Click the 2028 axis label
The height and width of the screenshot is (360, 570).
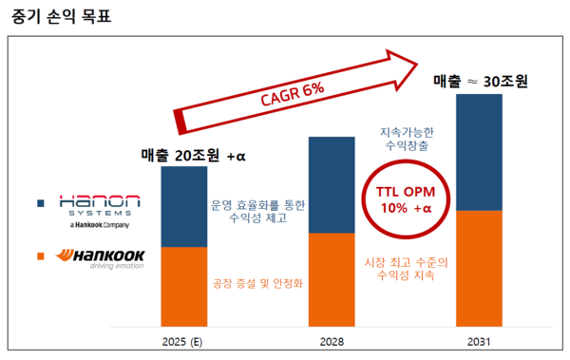(x=332, y=340)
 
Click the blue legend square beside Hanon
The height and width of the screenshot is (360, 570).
(x=41, y=203)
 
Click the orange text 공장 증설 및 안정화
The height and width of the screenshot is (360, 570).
(x=256, y=282)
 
